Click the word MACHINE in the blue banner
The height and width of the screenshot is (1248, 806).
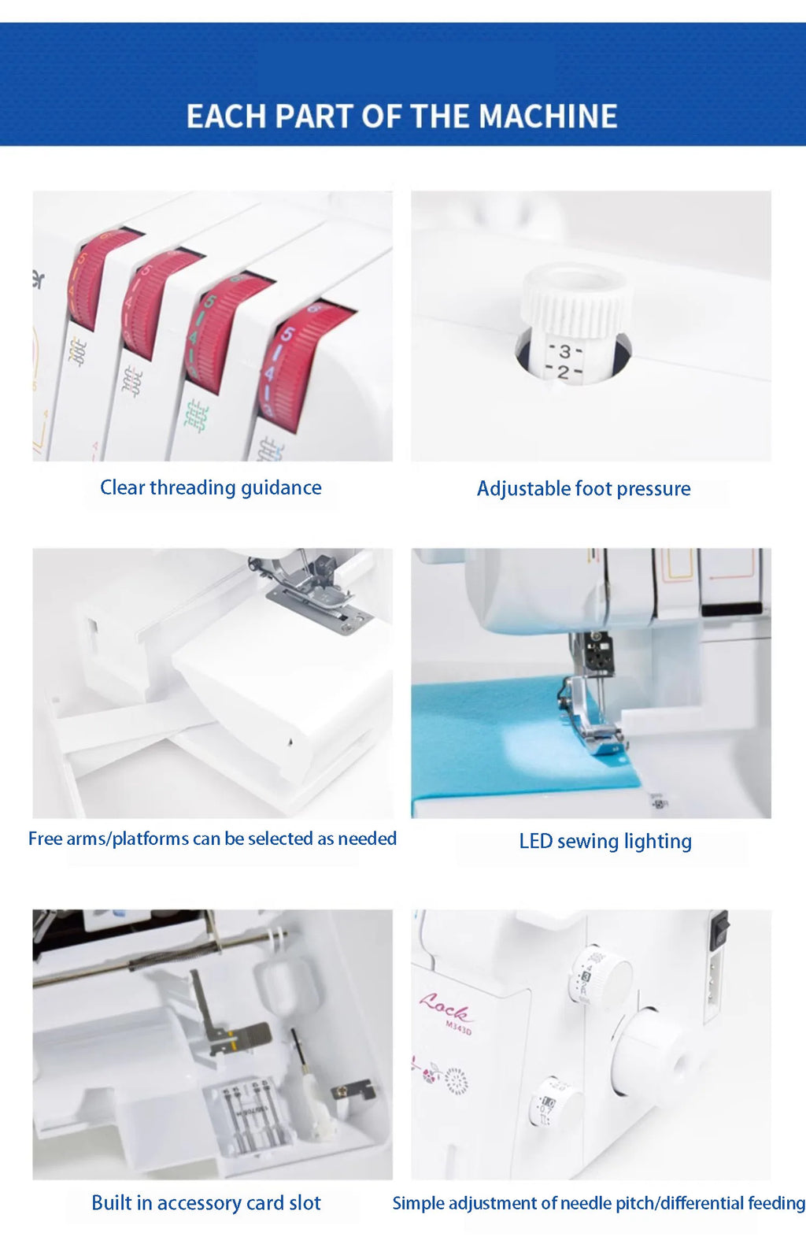pos(548,117)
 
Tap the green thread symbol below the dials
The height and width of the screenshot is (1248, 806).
pos(196,415)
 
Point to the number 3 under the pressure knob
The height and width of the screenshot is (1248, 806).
pos(564,351)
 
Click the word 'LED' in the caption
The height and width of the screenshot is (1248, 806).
pos(535,842)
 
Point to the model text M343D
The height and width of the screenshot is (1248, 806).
pos(458,1028)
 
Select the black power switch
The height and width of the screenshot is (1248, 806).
pos(719,930)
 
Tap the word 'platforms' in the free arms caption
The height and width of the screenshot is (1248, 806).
pos(150,839)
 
